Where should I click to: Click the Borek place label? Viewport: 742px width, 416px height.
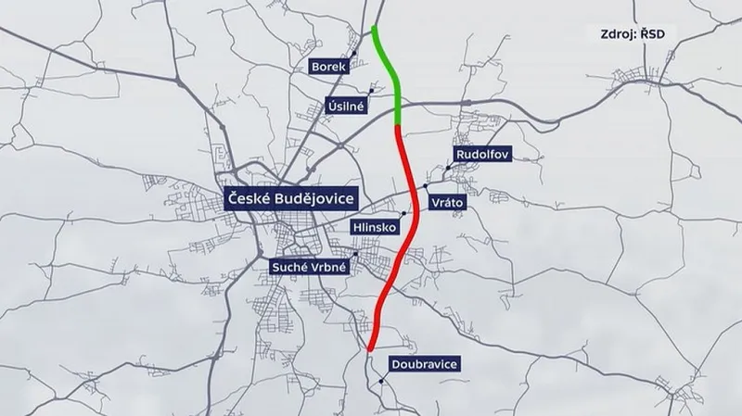tap(330, 68)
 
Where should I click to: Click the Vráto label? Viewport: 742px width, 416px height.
tap(447, 201)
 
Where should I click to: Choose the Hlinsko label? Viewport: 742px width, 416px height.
tap(376, 227)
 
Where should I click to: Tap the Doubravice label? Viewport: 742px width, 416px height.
tap(425, 365)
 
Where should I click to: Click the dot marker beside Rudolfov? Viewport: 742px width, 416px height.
tap(448, 167)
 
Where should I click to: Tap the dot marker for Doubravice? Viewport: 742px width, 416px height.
tap(382, 379)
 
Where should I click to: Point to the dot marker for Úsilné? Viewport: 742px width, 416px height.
tap(371, 90)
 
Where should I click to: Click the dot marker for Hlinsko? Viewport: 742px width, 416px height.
tap(403, 213)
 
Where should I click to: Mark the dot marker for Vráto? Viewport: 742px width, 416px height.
tap(426, 184)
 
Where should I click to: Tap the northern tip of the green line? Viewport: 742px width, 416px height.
tap(373, 27)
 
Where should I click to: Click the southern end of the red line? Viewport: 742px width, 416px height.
tap(370, 349)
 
